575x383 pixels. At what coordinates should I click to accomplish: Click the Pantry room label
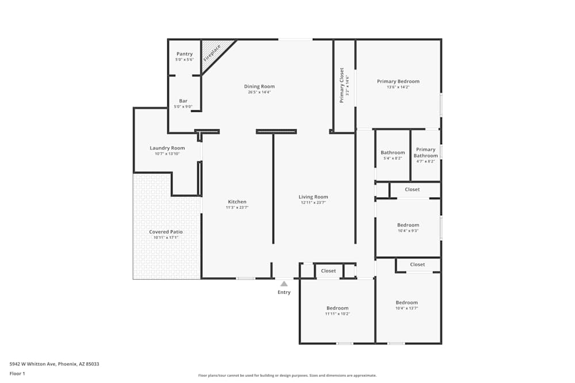point(185,54)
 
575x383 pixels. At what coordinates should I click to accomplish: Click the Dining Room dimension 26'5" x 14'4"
point(259,92)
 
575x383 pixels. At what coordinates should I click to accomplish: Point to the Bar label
point(183,101)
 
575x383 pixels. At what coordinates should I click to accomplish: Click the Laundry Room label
point(167,148)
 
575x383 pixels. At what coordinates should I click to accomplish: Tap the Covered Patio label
point(166,232)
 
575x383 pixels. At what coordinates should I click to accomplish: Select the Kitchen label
point(237,202)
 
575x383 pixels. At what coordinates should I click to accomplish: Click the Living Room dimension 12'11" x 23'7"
point(313,203)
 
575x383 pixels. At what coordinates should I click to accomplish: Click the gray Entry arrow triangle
point(284,284)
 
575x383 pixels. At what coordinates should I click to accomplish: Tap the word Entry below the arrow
point(284,292)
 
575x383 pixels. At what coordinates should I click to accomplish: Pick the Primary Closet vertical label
point(342,85)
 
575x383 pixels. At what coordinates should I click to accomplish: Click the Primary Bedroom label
point(398,82)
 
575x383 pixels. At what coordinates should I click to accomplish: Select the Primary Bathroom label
point(426,153)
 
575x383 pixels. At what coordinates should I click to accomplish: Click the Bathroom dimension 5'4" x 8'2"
point(393,158)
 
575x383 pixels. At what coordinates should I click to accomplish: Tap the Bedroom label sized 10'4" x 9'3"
point(408,225)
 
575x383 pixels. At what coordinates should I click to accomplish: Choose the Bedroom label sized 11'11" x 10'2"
point(338,308)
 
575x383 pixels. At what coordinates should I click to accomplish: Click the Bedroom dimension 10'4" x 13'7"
point(407,308)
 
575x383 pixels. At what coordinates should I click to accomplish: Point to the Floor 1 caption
point(17,373)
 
